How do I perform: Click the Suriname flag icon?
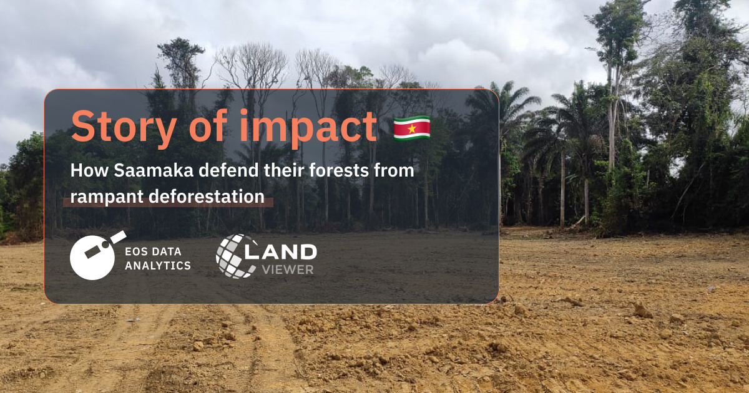pyautogui.click(x=411, y=128)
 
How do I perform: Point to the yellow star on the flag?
pyautogui.click(x=411, y=128)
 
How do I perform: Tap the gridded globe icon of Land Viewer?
pyautogui.click(x=235, y=256)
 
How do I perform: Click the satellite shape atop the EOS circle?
pyautogui.click(x=114, y=239)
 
